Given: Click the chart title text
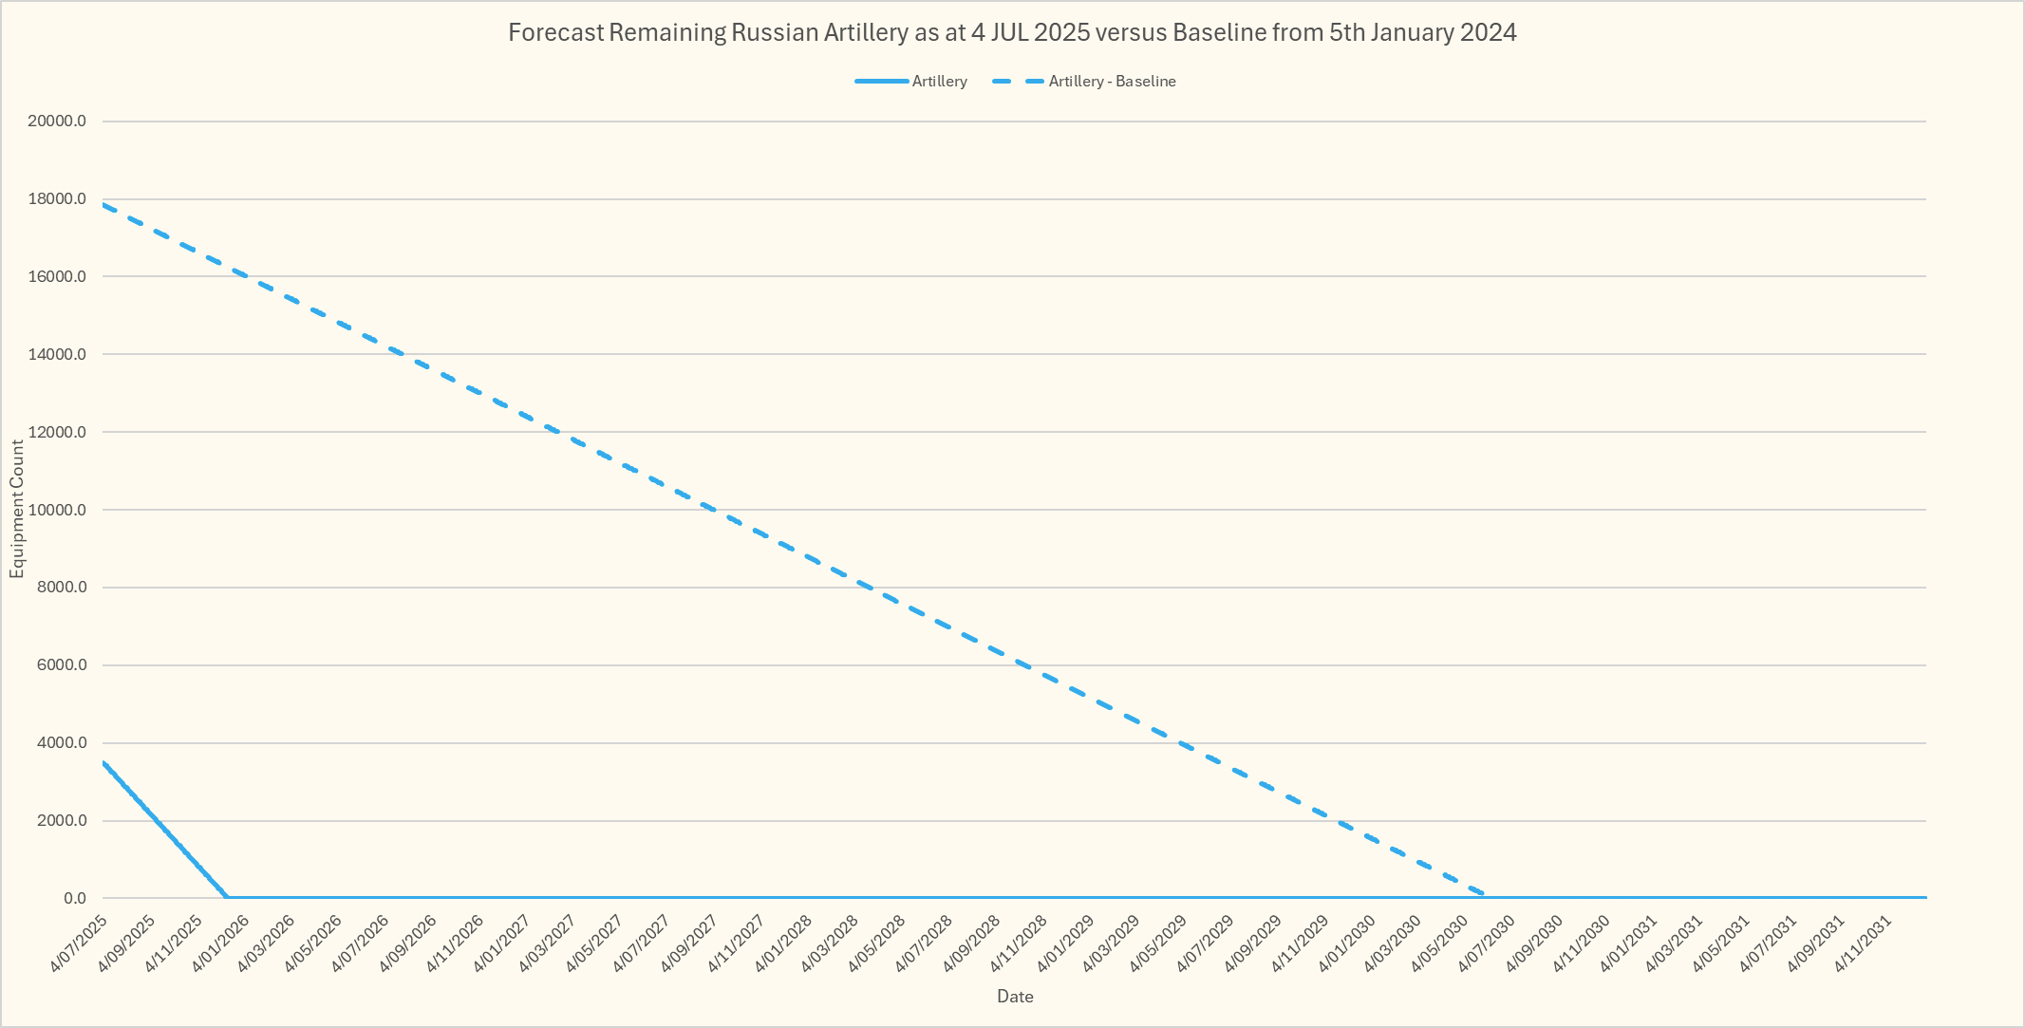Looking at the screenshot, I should click(x=1012, y=33).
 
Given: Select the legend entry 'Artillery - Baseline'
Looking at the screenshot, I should click(x=1112, y=82).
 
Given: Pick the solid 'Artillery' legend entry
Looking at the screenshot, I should click(x=939, y=82).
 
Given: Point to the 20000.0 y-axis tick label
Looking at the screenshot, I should click(x=57, y=121).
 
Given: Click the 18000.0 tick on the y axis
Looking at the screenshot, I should click(x=57, y=199).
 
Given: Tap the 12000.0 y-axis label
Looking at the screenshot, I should click(x=57, y=432).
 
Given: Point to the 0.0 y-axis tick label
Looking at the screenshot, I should click(x=75, y=898).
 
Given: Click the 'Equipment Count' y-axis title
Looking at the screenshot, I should click(x=17, y=509).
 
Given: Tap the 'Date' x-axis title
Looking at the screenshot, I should click(x=1015, y=997).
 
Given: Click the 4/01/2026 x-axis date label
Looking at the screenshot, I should click(x=220, y=944).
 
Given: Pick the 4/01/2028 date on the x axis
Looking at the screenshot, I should click(x=783, y=944).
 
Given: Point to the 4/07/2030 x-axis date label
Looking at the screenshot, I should click(x=1486, y=944).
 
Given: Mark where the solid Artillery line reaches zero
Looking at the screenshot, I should click(x=228, y=897).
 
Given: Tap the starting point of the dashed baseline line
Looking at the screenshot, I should click(x=103, y=204).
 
